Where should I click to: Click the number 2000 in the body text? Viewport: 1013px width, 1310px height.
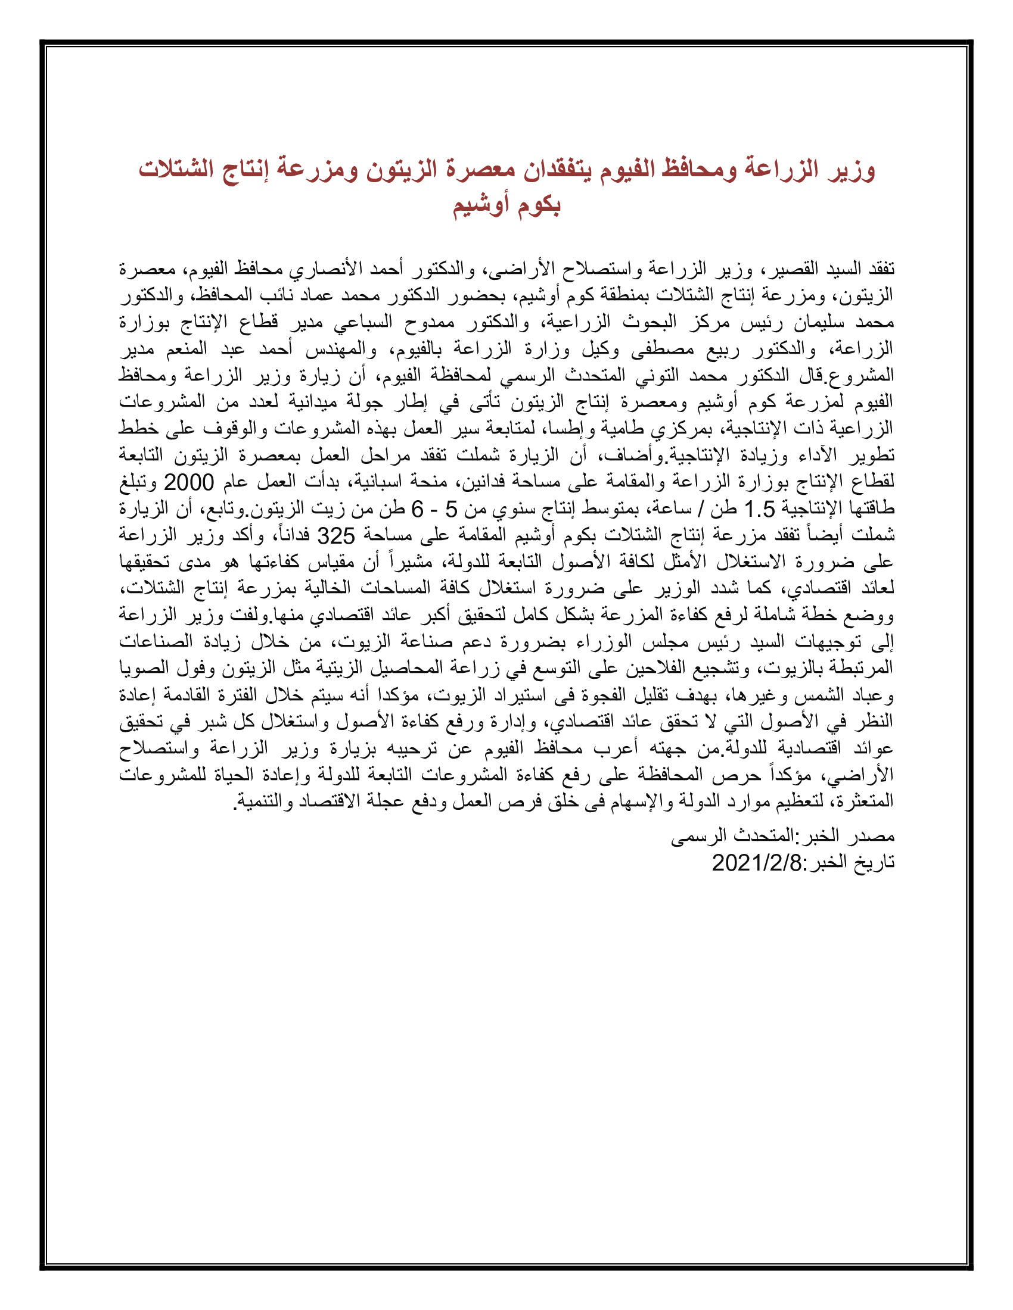(188, 482)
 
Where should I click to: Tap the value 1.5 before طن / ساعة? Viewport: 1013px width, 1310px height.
(759, 509)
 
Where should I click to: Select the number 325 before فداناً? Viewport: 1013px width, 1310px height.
(335, 536)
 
